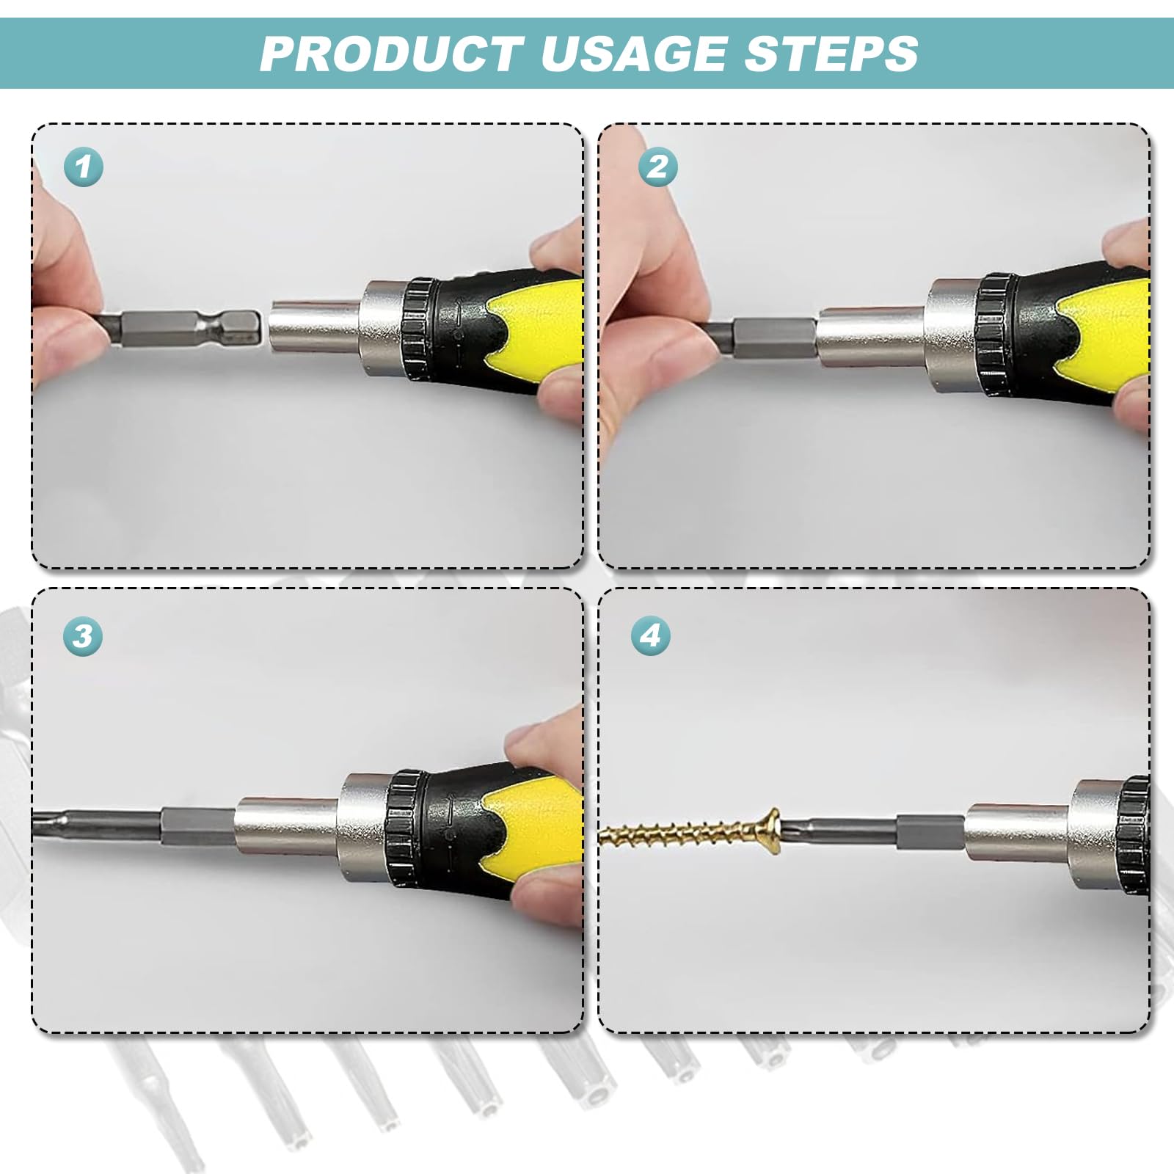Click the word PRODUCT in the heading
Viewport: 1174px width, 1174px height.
392,53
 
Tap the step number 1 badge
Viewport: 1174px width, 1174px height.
84,166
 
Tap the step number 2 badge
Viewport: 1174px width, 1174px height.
657,166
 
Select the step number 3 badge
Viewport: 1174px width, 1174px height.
82,635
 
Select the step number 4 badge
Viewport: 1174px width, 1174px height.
652,635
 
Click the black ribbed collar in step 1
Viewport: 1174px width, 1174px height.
420,327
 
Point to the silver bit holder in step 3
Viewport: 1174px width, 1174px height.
290,829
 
